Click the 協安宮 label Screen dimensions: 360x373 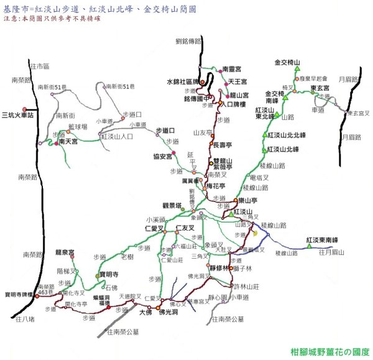click(x=163, y=156)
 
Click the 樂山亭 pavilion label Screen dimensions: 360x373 click(x=248, y=200)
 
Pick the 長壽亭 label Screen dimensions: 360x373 click(x=223, y=144)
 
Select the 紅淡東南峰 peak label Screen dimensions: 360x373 click(x=321, y=240)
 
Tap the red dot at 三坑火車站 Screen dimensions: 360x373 click(x=25, y=108)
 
